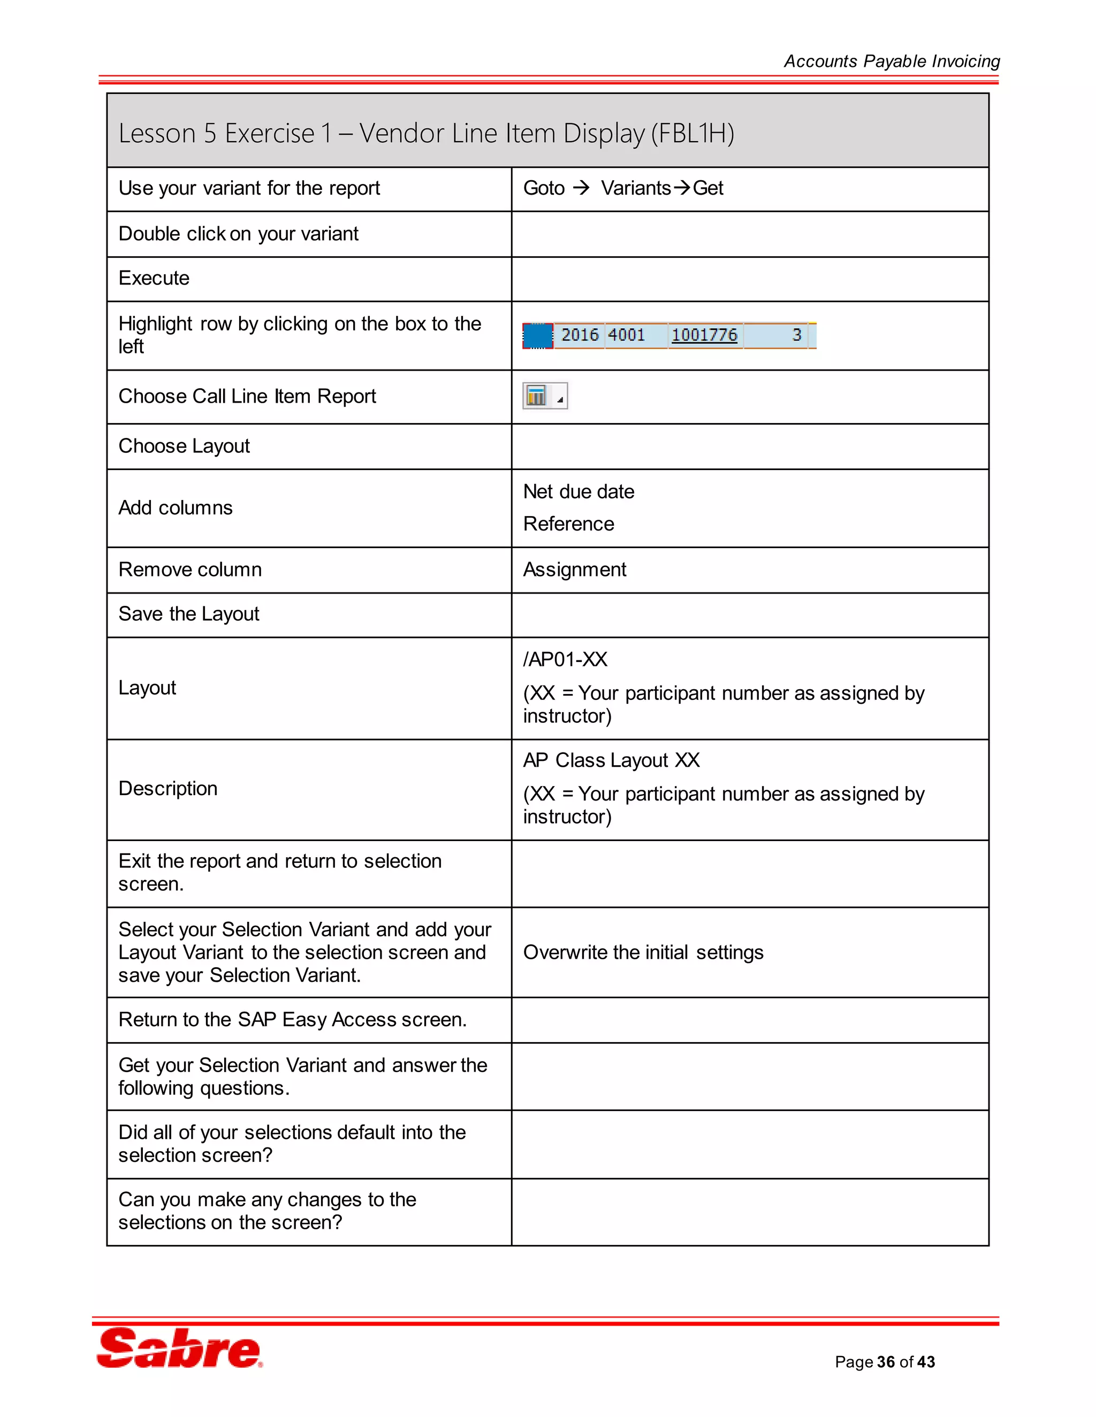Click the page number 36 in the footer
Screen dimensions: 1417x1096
(886, 1362)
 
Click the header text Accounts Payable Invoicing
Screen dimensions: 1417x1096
(892, 61)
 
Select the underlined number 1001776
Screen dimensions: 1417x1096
(704, 335)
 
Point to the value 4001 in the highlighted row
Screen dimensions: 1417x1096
(627, 335)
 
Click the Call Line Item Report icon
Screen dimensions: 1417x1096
(537, 396)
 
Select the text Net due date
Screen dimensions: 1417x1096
(579, 492)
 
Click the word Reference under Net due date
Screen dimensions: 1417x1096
(568, 523)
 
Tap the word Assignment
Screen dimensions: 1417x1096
(575, 569)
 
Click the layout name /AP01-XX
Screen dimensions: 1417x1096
(565, 659)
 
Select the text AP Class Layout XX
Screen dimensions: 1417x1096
(611, 760)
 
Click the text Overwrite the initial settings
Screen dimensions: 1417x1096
(643, 952)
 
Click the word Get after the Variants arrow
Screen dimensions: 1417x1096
(707, 188)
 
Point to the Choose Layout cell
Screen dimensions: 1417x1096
(184, 446)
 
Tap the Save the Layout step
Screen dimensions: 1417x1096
(188, 614)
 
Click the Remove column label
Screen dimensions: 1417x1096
(189, 569)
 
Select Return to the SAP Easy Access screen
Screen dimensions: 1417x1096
(292, 1020)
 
